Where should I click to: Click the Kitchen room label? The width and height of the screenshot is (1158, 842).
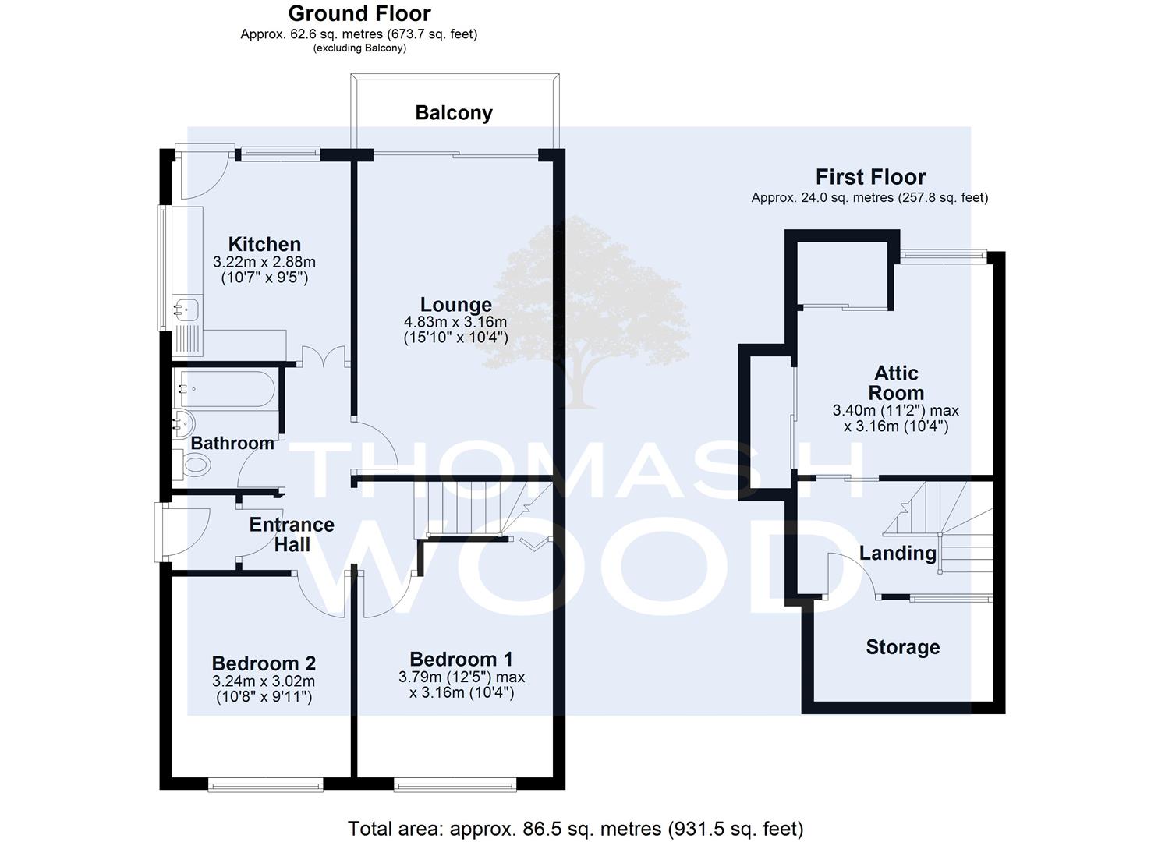tap(264, 244)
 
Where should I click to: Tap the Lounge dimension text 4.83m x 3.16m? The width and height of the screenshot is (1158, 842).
tap(455, 321)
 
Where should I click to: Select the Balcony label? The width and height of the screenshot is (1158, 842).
tap(454, 113)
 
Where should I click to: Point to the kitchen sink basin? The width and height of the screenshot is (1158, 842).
tap(186, 309)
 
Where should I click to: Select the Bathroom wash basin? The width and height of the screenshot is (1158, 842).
tap(182, 424)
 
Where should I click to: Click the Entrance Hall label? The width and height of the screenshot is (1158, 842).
tap(292, 535)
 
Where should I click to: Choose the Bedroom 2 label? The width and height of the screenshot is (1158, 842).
tap(264, 663)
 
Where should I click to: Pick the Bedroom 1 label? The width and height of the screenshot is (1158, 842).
tap(461, 659)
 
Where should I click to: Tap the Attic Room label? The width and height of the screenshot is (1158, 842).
tap(896, 383)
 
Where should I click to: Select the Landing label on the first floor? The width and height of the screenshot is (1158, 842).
tap(898, 553)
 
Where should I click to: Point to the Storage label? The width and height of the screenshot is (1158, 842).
tap(903, 646)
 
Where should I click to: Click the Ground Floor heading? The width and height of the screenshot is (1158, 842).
tap(359, 13)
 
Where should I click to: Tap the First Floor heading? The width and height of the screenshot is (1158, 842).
tap(870, 177)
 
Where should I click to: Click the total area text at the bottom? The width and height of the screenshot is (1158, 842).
tap(575, 829)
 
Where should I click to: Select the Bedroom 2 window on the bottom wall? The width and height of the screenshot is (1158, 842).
tap(266, 786)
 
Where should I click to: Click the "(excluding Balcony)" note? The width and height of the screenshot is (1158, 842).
tap(359, 48)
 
